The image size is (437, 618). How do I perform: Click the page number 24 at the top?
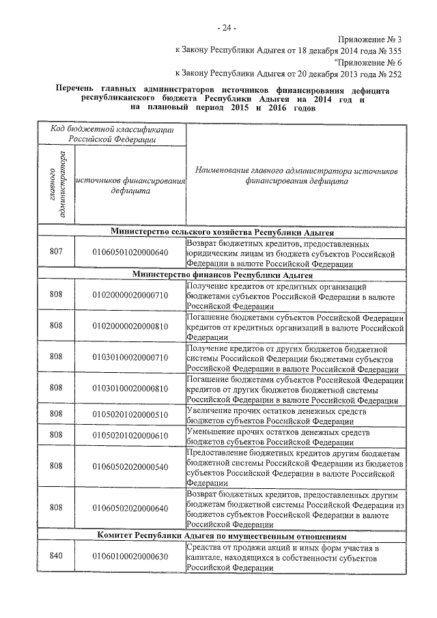226,28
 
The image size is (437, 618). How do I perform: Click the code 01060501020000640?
130,253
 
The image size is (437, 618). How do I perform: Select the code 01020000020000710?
130,294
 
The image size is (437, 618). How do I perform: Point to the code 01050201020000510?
130,414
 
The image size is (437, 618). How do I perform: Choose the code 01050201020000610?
130,435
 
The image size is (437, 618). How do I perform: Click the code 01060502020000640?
130,508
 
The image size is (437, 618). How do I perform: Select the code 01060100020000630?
130,557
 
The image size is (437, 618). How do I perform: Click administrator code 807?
56,253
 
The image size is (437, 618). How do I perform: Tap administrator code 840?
56,557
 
